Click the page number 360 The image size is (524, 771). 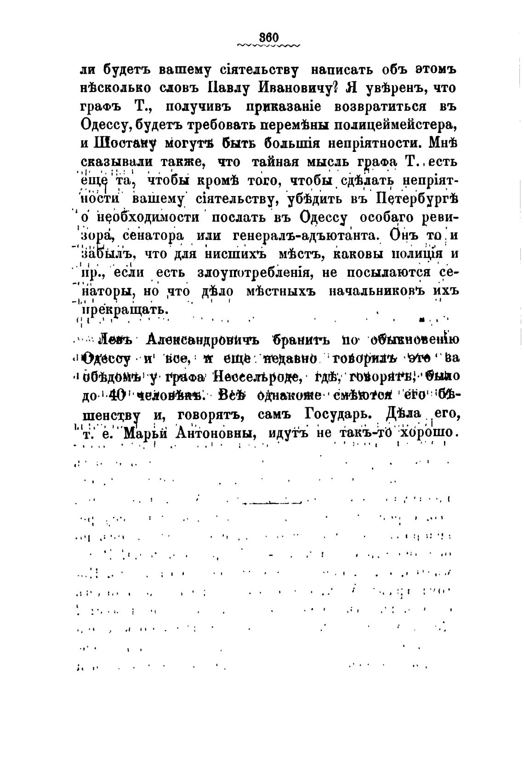[269, 37]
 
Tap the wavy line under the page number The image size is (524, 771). [269, 46]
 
